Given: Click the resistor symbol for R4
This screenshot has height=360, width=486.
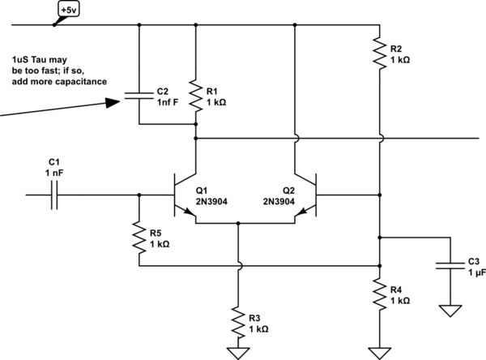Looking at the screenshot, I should coord(379,294).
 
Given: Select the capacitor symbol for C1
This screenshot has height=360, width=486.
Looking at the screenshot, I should coord(55,195).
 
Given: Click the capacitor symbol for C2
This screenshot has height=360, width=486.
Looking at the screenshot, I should coord(139,98).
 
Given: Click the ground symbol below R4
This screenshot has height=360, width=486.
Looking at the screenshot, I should coord(379,351).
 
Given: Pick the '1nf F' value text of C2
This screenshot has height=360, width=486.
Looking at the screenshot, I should coord(166,102).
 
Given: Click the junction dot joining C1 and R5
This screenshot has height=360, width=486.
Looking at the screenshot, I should coord(139,195).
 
